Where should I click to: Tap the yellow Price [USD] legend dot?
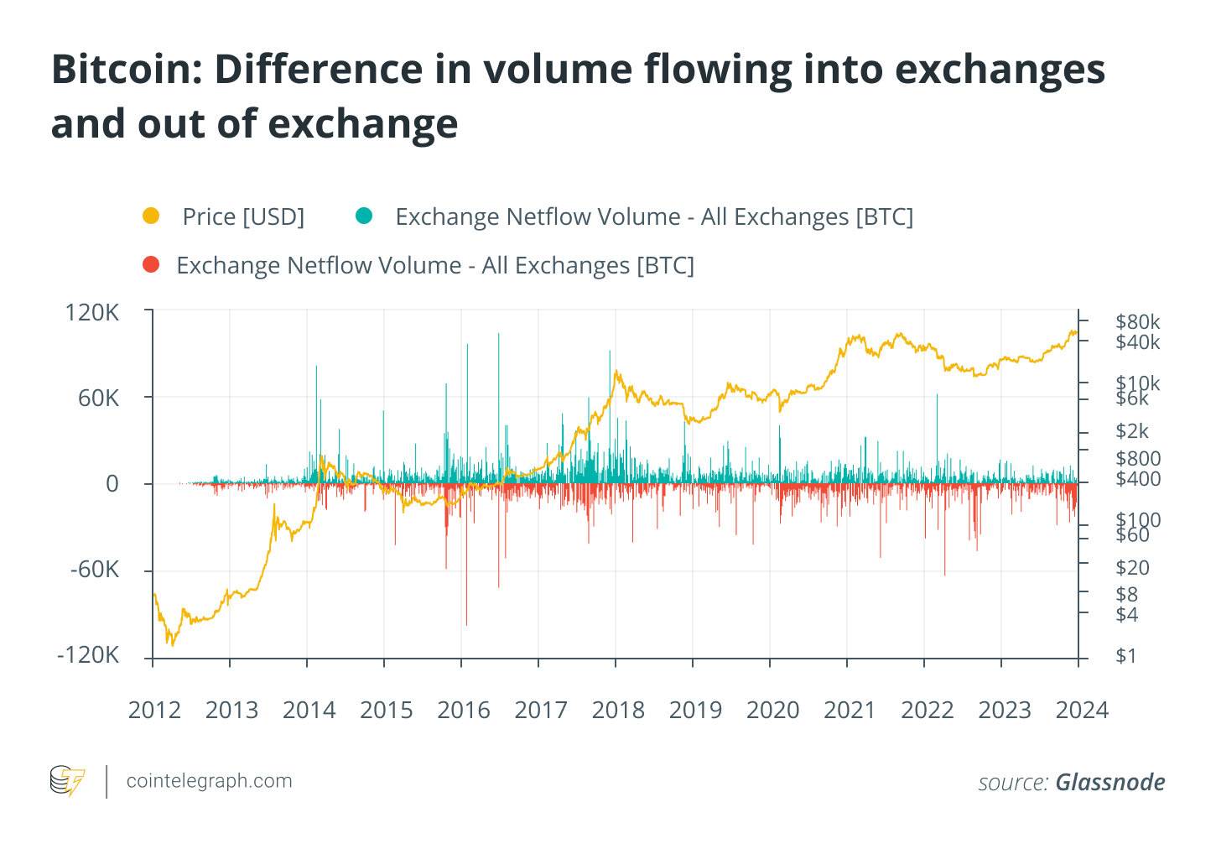(151, 216)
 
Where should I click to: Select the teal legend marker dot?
(363, 216)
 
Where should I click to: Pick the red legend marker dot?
(151, 265)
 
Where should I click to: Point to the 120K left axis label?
(92, 313)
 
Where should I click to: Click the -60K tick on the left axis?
(95, 570)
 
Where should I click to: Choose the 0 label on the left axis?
(112, 483)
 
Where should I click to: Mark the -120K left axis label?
(88, 655)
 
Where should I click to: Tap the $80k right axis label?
(1138, 321)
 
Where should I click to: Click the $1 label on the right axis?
(1126, 655)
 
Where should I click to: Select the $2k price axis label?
(1132, 431)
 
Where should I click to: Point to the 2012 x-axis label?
(154, 711)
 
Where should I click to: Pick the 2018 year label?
(618, 711)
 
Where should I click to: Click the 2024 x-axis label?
(1082, 711)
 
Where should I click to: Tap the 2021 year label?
(850, 711)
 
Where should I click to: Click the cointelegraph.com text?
(209, 781)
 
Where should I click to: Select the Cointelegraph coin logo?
(67, 781)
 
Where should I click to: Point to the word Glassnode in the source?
(1110, 783)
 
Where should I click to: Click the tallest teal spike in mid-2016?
(498, 336)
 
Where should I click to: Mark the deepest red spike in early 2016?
(466, 622)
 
